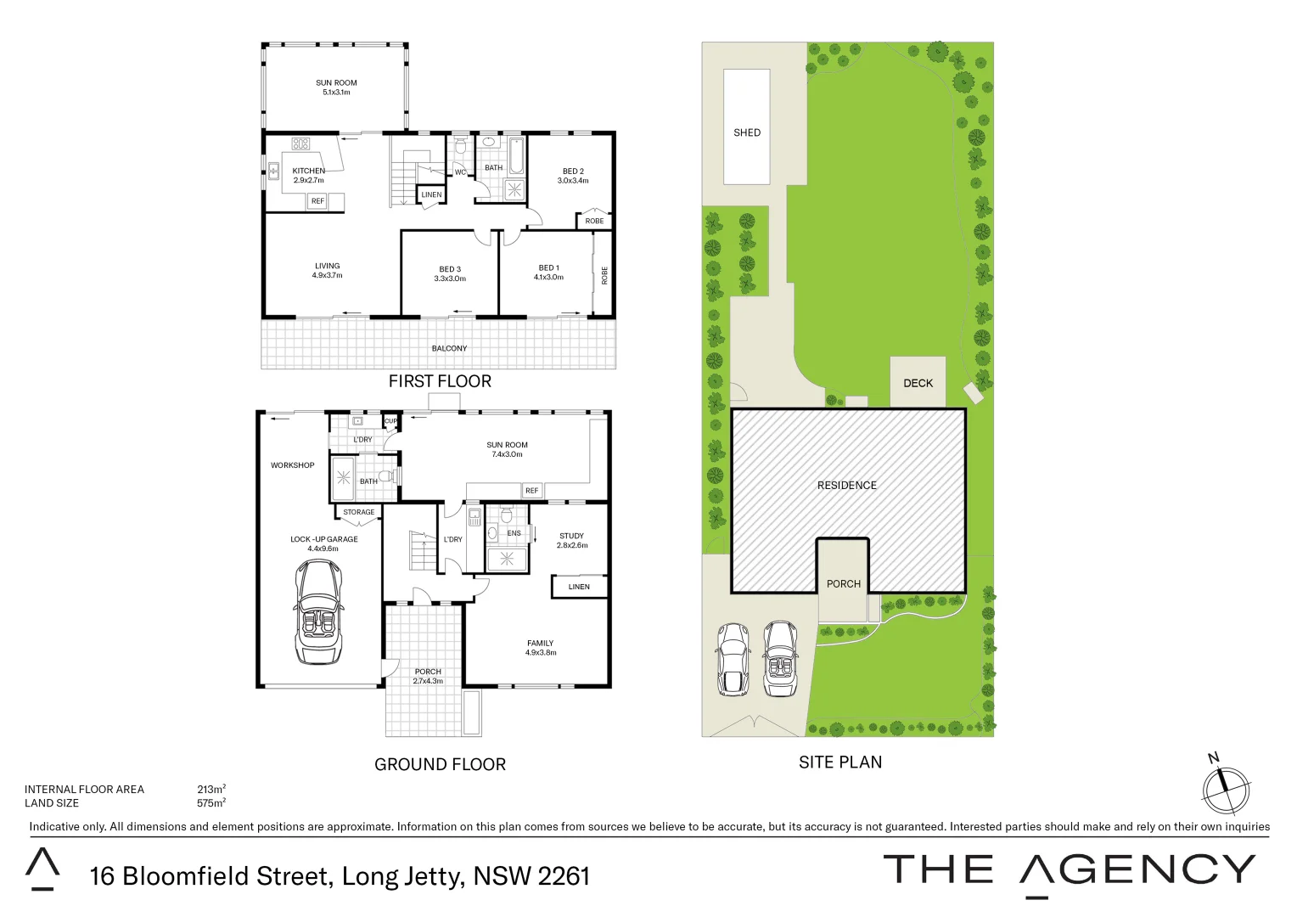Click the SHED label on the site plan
click(x=747, y=132)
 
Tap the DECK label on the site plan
click(x=918, y=383)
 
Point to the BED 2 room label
click(x=573, y=172)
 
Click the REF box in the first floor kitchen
click(x=317, y=201)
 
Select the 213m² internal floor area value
click(x=211, y=789)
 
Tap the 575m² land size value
click(x=211, y=802)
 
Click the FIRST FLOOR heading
click(x=440, y=381)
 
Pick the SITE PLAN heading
click(x=839, y=762)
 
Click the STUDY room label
click(x=571, y=536)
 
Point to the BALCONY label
click(x=449, y=348)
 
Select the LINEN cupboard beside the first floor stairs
click(x=431, y=195)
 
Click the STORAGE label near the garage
click(x=358, y=512)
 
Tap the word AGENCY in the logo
click(x=1137, y=870)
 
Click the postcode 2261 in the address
click(x=562, y=876)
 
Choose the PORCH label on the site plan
click(x=843, y=583)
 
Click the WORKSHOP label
click(x=292, y=465)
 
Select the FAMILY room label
click(x=540, y=644)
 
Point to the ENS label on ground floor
click(x=514, y=533)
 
